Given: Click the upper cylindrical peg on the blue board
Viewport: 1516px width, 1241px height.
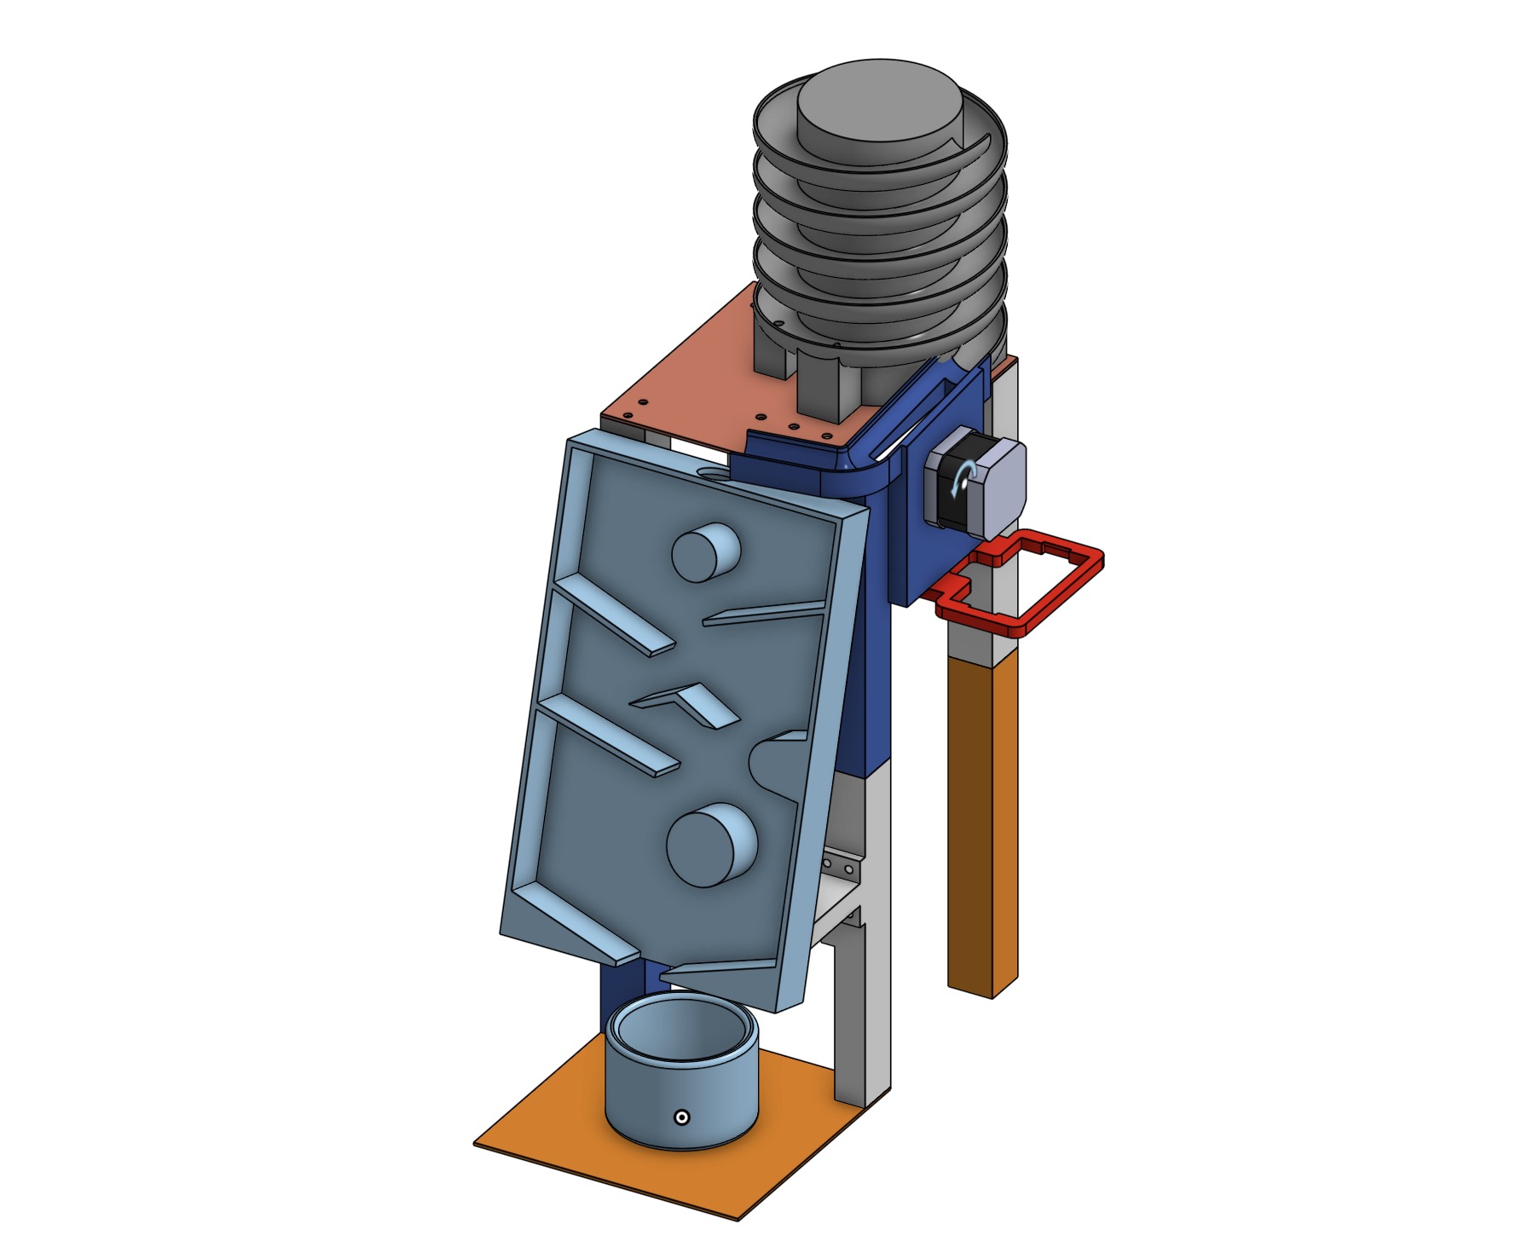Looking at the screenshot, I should tap(704, 552).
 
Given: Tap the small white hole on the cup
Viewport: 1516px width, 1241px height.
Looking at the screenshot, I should tap(681, 1117).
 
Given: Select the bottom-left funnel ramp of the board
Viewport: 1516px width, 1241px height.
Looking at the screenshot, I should tap(580, 921).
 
